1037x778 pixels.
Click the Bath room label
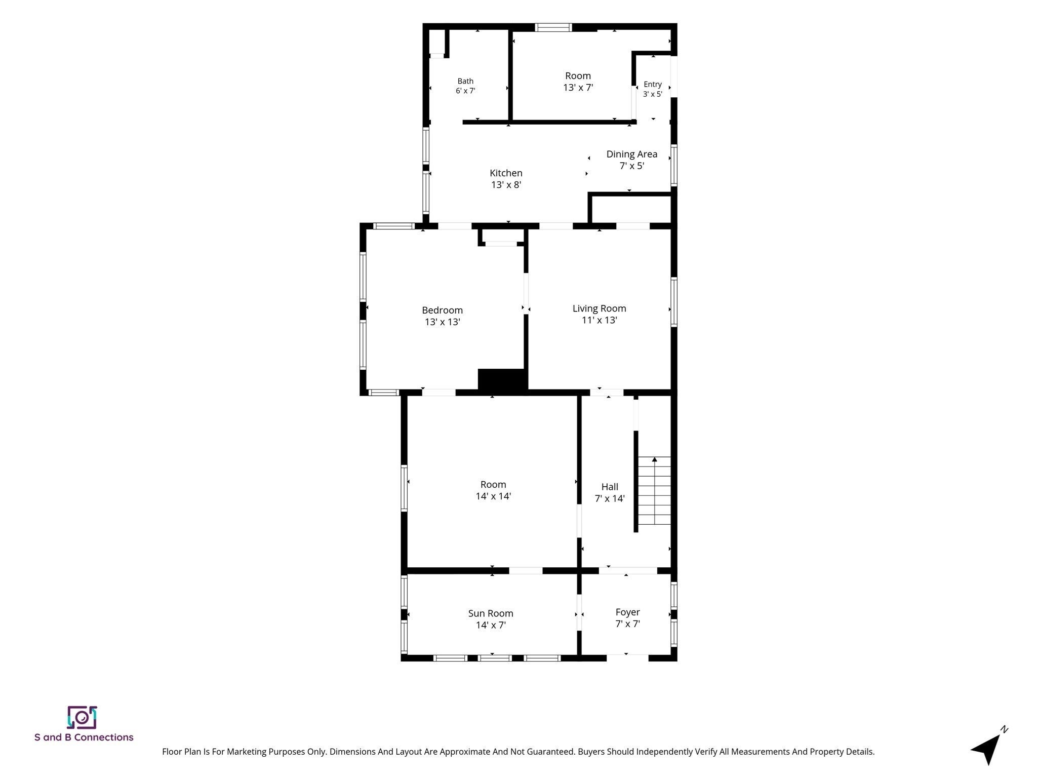465,86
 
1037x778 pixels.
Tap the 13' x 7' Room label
578,82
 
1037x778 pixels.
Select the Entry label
653,89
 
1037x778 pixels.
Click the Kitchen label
506,179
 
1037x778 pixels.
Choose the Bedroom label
443,316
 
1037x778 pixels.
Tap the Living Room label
600,314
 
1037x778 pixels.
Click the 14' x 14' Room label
493,490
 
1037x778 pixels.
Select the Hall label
610,492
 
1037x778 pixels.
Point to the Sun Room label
491,619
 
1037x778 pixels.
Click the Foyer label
628,618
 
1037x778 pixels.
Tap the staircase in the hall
654,491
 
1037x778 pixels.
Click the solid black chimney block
503,380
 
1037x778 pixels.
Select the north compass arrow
986,752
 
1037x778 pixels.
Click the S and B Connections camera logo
82,717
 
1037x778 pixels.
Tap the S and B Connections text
84,737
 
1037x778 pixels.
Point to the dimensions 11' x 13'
600,320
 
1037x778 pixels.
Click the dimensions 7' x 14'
610,498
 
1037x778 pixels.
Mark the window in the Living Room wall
674,302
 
